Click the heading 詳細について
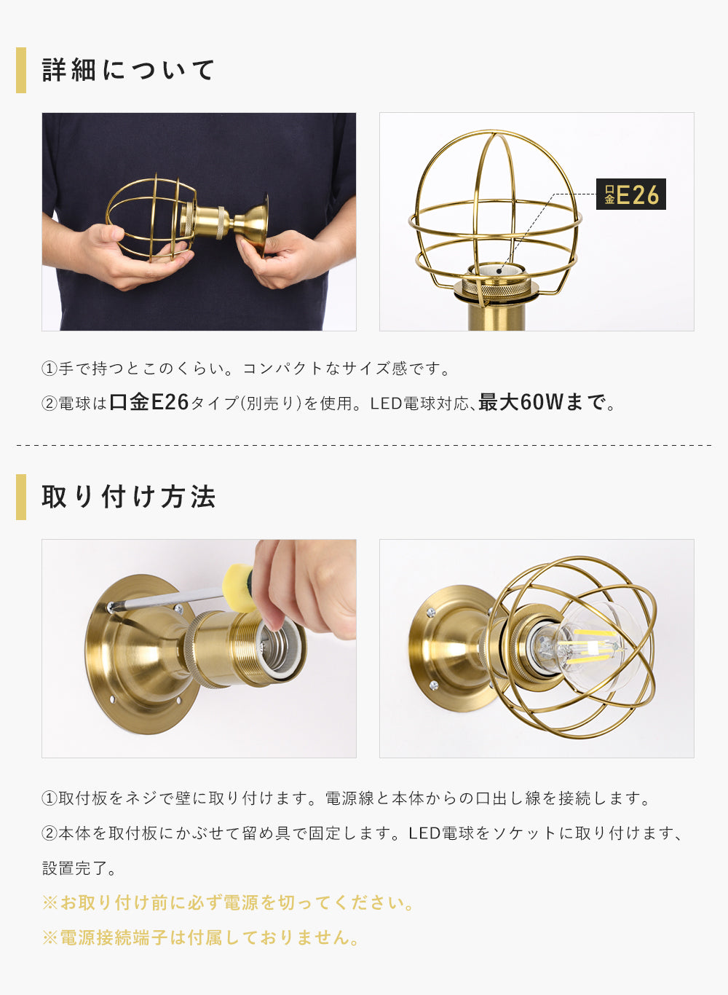pyautogui.click(x=128, y=70)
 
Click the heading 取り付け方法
pyautogui.click(x=128, y=497)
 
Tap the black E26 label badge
pyautogui.click(x=630, y=194)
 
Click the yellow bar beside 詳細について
pyautogui.click(x=21, y=70)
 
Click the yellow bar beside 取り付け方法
pyautogui.click(x=21, y=497)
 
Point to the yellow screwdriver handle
pyautogui.click(x=240, y=587)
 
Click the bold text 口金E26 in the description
pyautogui.click(x=149, y=402)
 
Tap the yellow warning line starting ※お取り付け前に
pyautogui.click(x=228, y=902)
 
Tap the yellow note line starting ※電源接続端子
pyautogui.click(x=200, y=937)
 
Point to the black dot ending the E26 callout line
pyautogui.click(x=499, y=271)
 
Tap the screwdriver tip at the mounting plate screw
pyautogui.click(x=111, y=606)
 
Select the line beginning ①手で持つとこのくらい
pyautogui.click(x=245, y=369)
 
